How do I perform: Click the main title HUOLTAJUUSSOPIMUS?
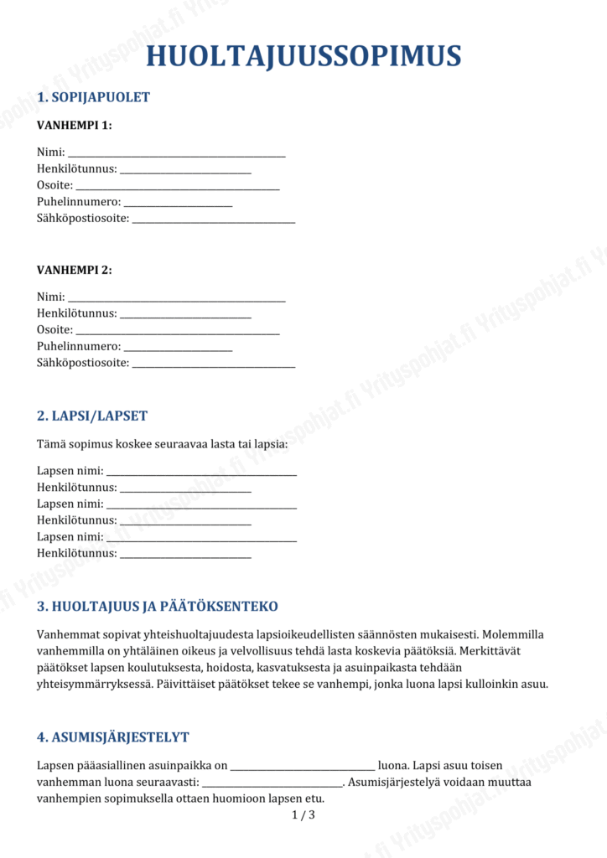pyautogui.click(x=303, y=56)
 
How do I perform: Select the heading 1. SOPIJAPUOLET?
pyautogui.click(x=93, y=97)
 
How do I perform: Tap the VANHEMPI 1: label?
pyautogui.click(x=74, y=126)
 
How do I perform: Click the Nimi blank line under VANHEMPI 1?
pyautogui.click(x=176, y=153)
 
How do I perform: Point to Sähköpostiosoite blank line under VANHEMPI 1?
pyautogui.click(x=214, y=220)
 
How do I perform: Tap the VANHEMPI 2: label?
pyautogui.click(x=74, y=270)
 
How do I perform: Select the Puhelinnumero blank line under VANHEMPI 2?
pyautogui.click(x=178, y=348)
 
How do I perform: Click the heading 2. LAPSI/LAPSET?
pyautogui.click(x=92, y=416)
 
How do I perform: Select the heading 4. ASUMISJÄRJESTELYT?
pyautogui.click(x=112, y=737)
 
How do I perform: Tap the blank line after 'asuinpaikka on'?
pyautogui.click(x=302, y=767)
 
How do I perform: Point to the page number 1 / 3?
pyautogui.click(x=303, y=815)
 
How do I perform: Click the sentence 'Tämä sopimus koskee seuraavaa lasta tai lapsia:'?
pyautogui.click(x=162, y=443)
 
